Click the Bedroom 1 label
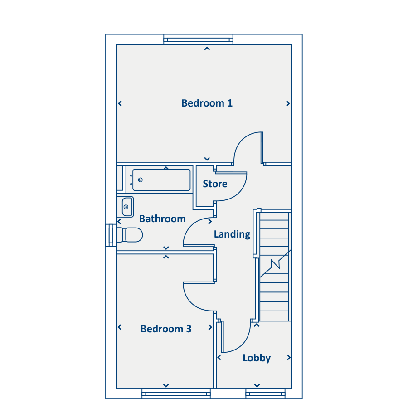pos(207,103)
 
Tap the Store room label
pos(215,184)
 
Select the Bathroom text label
pos(162,219)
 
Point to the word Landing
pos(232,234)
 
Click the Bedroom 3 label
pos(166,329)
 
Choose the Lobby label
pos(257,358)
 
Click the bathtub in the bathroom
pos(161,180)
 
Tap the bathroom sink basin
pos(127,207)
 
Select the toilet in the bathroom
pos(129,235)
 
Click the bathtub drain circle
pos(140,180)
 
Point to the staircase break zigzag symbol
pos(275,263)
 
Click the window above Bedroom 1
pos(198,39)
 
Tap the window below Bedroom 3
pos(176,393)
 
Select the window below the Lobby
pos(265,393)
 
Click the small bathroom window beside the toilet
pos(111,235)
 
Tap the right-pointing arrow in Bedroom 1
pos(288,103)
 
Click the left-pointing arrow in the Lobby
pos(219,358)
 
